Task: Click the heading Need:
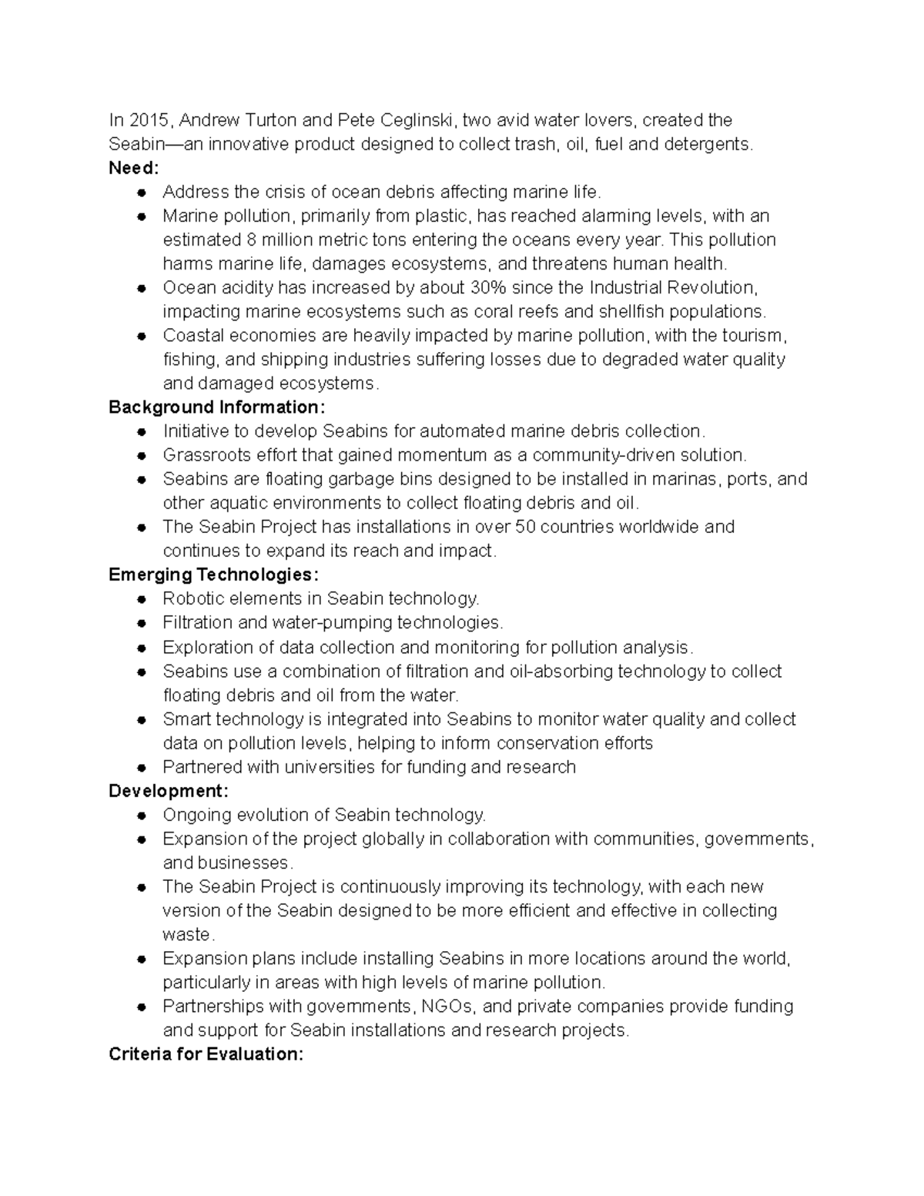tap(133, 168)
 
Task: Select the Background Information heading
tap(217, 407)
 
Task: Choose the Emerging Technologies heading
tap(213, 575)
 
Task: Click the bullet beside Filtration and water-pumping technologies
tap(142, 623)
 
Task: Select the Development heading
tap(168, 791)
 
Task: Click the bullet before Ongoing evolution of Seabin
tap(142, 816)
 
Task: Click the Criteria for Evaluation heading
tap(206, 1054)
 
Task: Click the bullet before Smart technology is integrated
tap(142, 719)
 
